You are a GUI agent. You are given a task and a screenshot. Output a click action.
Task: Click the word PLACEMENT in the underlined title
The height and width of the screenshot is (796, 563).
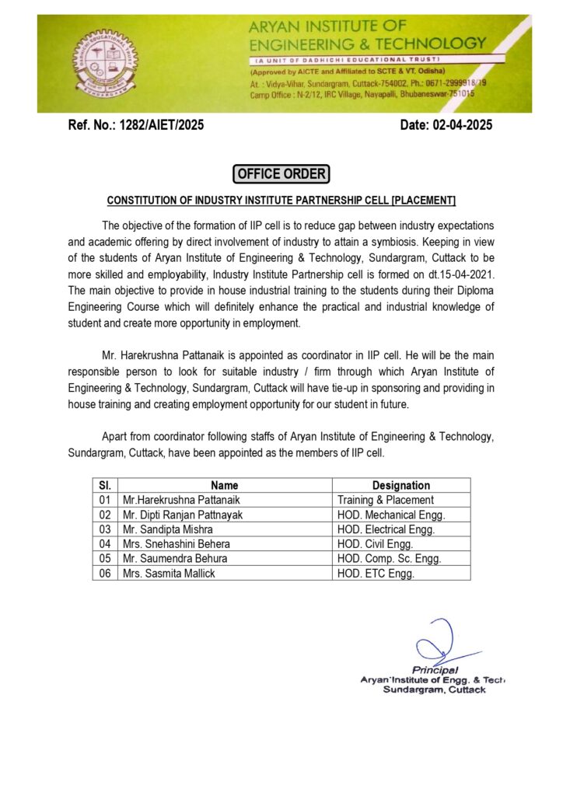[x=424, y=201]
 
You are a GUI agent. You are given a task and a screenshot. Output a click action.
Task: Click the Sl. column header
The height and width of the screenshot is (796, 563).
[x=105, y=485]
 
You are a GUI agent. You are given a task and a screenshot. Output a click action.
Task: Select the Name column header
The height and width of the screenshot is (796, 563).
[x=225, y=485]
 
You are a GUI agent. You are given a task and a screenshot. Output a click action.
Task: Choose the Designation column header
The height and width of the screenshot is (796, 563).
[x=400, y=485]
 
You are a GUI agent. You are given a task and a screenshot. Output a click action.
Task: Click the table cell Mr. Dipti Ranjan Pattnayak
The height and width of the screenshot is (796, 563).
[x=183, y=515]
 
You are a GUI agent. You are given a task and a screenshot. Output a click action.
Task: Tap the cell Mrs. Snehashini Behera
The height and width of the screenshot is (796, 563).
[x=177, y=544]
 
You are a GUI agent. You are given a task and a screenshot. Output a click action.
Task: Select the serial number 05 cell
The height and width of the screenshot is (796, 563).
[x=105, y=559]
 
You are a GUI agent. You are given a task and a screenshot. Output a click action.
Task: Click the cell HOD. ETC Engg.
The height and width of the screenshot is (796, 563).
[x=376, y=574]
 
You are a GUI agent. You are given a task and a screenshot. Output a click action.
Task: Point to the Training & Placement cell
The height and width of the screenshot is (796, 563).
[x=386, y=500]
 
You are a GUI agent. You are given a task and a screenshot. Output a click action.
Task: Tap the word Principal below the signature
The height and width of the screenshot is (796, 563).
[x=435, y=670]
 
